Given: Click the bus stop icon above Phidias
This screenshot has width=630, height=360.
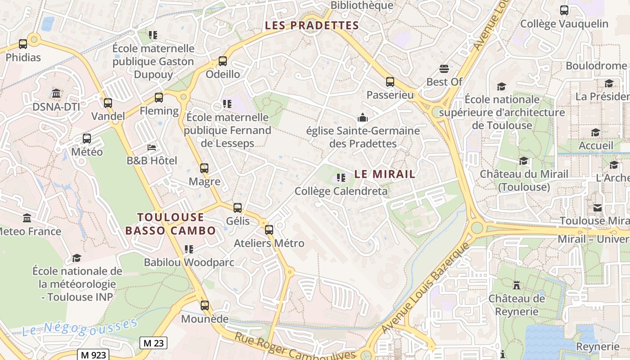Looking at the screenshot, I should pyautogui.click(x=23, y=44).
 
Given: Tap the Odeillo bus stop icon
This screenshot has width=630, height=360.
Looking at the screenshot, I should pyautogui.click(x=222, y=61).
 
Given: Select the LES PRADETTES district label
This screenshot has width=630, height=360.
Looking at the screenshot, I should pyautogui.click(x=312, y=25).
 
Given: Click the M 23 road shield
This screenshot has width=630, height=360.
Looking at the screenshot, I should pyautogui.click(x=153, y=343).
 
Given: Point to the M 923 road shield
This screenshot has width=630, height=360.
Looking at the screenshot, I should pyautogui.click(x=93, y=355).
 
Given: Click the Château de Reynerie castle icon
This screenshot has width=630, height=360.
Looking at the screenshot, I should pyautogui.click(x=516, y=285).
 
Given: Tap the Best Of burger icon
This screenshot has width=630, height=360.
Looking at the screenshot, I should pyautogui.click(x=444, y=69).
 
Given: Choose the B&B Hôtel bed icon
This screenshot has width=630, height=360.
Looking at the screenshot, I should pyautogui.click(x=152, y=148).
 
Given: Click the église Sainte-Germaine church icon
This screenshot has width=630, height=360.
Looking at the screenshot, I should pyautogui.click(x=363, y=118).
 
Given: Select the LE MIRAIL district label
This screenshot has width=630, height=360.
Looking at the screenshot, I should pyautogui.click(x=385, y=174).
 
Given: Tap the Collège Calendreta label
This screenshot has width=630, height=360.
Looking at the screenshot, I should pyautogui.click(x=341, y=191).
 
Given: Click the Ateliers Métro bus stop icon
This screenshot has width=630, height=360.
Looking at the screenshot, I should pyautogui.click(x=269, y=230).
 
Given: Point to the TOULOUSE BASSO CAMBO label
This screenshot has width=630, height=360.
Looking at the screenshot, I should pyautogui.click(x=171, y=224).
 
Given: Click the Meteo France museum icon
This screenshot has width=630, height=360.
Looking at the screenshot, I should pyautogui.click(x=27, y=218).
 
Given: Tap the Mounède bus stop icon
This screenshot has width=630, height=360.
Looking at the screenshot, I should pyautogui.click(x=205, y=306).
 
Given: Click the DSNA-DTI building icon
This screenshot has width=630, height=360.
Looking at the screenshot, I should pyautogui.click(x=56, y=94).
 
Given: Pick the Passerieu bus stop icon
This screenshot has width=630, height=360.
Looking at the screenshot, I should pyautogui.click(x=390, y=82).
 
